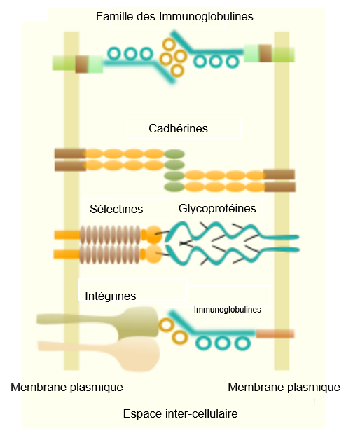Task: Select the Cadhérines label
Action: coord(178,129)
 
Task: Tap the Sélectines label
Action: coord(116,209)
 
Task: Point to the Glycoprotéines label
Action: coord(217,208)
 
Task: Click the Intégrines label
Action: coord(110,296)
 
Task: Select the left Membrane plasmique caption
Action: coord(67,387)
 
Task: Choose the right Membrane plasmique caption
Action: coord(284,387)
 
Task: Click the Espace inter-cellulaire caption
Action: coord(180,413)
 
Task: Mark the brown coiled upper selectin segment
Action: coord(110,234)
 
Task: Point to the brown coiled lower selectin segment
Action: coord(110,252)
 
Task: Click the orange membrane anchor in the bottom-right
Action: coord(275,333)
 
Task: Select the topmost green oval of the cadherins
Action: coord(174,153)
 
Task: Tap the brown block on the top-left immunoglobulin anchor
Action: coord(82,64)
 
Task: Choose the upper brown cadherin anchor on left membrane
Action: coord(70,153)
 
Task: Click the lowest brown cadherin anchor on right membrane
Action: coord(279,187)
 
